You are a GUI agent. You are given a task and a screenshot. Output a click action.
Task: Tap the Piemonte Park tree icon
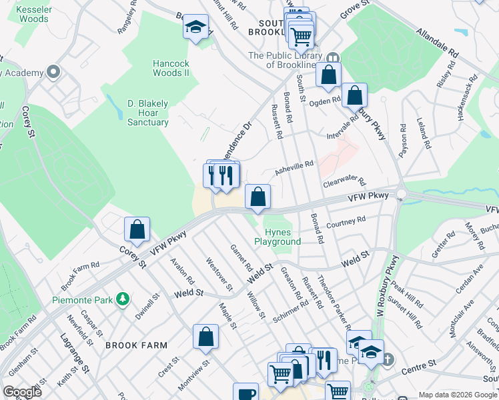click(122, 299)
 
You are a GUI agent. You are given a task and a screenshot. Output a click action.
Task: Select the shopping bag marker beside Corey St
click(137, 230)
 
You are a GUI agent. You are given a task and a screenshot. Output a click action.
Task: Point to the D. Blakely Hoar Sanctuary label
click(148, 113)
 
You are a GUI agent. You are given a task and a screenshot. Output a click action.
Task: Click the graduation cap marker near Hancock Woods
click(195, 27)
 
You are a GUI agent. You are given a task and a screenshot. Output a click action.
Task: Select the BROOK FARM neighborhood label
click(131, 345)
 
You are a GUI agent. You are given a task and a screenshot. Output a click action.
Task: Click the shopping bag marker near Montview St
click(206, 337)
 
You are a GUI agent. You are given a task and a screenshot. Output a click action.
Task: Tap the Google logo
click(22, 392)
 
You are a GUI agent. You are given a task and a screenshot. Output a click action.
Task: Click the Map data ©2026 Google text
click(457, 395)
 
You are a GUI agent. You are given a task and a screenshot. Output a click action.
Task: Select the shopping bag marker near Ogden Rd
click(355, 95)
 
